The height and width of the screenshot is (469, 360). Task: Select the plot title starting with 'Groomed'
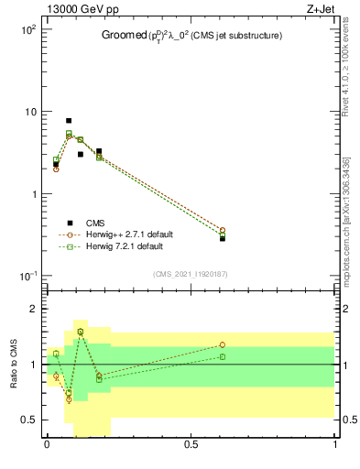pyautogui.click(x=191, y=36)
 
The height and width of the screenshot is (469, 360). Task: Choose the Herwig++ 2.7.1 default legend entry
pyautogui.click(x=128, y=234)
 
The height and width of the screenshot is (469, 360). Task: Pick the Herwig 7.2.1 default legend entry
pyautogui.click(x=124, y=246)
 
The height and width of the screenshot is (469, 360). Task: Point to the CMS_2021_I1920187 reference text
pyautogui.click(x=191, y=274)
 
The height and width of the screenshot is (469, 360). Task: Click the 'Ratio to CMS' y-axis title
pyautogui.click(x=14, y=364)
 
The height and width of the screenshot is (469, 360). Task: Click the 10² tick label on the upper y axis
pyautogui.click(x=27, y=29)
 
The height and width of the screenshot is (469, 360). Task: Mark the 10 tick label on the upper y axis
pyautogui.click(x=29, y=112)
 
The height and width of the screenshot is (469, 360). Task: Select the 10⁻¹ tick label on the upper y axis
pyautogui.click(x=27, y=277)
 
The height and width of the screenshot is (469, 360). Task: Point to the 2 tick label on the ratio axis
pyautogui.click(x=35, y=309)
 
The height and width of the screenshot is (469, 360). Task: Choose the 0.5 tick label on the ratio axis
pyautogui.click(x=30, y=420)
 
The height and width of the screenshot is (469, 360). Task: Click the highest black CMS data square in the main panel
pyautogui.click(x=69, y=121)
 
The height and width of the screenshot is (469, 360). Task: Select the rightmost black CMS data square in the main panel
pyautogui.click(x=222, y=238)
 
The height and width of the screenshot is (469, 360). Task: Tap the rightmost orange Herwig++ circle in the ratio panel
pyautogui.click(x=222, y=345)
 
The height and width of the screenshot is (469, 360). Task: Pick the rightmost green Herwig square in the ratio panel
pyautogui.click(x=222, y=356)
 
